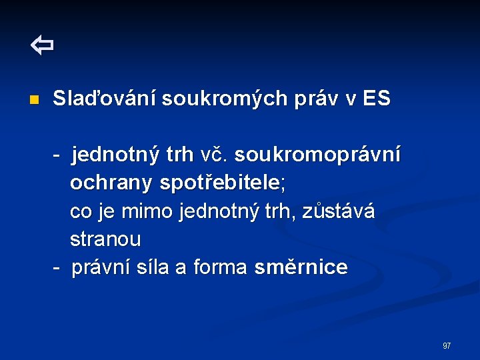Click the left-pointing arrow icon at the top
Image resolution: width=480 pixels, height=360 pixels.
(x=42, y=47)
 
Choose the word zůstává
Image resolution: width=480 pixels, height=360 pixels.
(x=339, y=211)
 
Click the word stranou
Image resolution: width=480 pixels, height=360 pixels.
(x=105, y=239)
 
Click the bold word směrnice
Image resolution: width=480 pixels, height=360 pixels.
(x=301, y=267)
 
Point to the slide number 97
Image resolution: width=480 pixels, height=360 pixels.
(x=447, y=346)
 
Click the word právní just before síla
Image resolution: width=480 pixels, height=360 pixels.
(x=100, y=267)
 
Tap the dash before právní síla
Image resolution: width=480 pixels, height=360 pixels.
(x=59, y=267)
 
